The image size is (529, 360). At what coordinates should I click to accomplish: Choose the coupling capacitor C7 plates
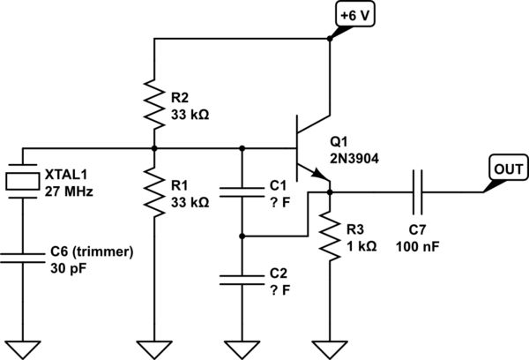(416, 187)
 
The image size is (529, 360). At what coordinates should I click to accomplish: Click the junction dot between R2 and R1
(154, 147)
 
